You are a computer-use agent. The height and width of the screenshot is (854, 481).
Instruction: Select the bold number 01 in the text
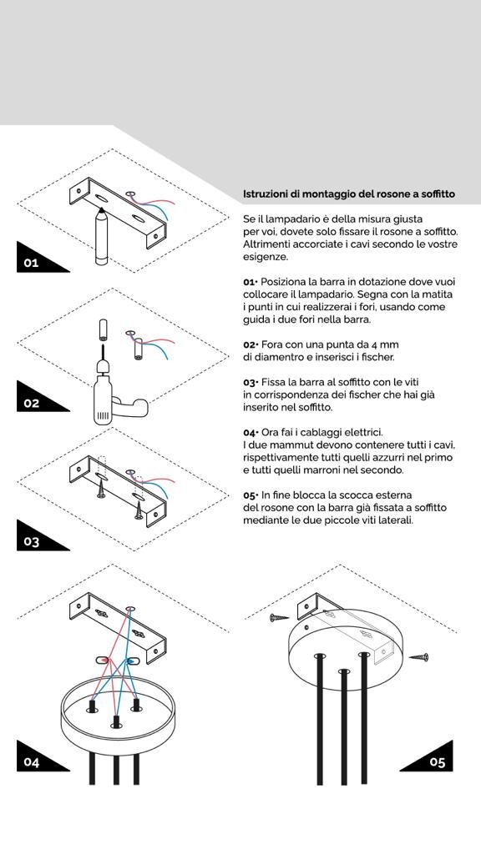(250, 282)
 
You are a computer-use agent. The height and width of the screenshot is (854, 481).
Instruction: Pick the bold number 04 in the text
(251, 432)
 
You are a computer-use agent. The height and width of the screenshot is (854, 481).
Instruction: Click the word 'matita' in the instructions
(436, 294)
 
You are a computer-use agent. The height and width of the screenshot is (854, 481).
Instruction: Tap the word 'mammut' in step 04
(294, 445)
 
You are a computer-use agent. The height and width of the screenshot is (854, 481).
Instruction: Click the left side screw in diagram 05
(278, 618)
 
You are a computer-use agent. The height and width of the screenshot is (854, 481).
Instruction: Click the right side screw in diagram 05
(419, 658)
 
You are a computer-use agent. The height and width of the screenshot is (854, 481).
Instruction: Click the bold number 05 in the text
(251, 495)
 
